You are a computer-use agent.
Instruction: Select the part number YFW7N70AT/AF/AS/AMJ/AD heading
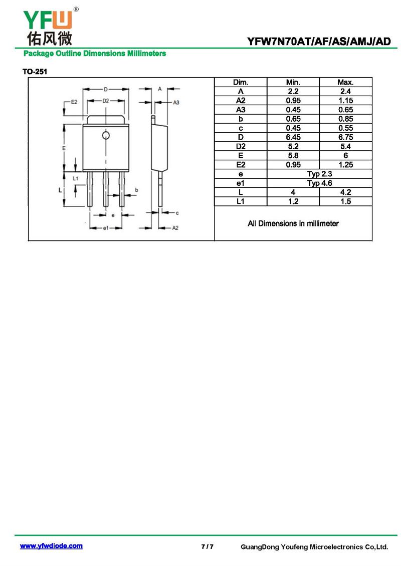(x=319, y=42)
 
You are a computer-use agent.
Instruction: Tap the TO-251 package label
(x=35, y=72)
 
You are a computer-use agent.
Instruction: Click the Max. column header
(x=345, y=82)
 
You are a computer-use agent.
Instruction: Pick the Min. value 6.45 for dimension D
(x=293, y=137)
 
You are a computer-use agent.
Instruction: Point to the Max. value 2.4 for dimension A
(x=345, y=91)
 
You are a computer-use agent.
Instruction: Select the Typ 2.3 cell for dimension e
(x=319, y=174)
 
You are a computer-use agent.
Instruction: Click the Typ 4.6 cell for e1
(x=319, y=183)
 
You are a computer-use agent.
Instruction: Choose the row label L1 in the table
(x=240, y=201)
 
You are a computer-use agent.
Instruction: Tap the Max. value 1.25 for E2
(x=345, y=165)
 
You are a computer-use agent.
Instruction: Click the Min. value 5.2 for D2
(x=293, y=146)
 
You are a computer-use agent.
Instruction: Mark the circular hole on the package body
(x=105, y=135)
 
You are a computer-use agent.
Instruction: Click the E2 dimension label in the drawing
(x=74, y=102)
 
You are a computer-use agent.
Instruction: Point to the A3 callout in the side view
(x=176, y=103)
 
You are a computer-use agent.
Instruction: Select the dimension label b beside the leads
(x=136, y=190)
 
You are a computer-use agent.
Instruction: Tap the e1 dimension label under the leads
(x=105, y=228)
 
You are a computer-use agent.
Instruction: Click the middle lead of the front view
(x=105, y=188)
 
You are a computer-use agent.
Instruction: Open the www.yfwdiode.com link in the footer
(x=51, y=546)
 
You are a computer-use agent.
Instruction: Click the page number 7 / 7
(x=208, y=546)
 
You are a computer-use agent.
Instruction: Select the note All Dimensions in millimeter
(x=293, y=223)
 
